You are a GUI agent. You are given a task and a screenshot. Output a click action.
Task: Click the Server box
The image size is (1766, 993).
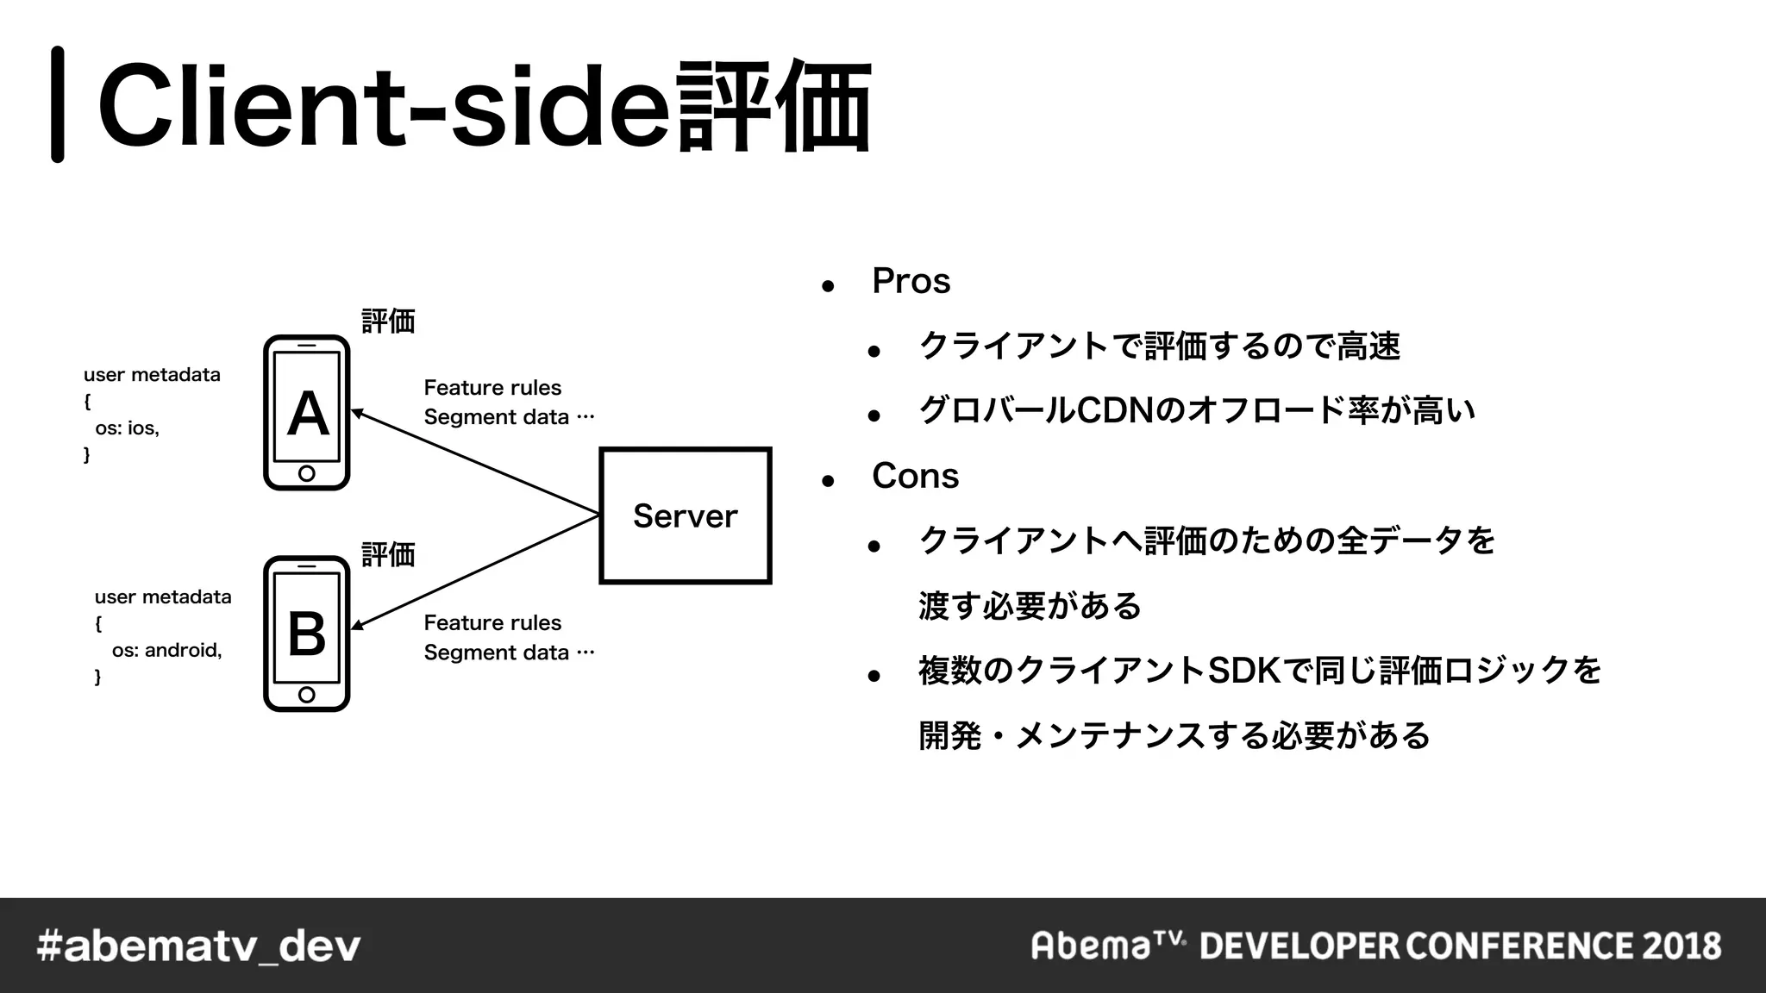tap(685, 515)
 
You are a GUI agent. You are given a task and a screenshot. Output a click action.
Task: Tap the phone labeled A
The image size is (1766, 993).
tap(307, 413)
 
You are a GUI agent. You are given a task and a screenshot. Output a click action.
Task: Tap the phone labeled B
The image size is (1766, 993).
tap(307, 634)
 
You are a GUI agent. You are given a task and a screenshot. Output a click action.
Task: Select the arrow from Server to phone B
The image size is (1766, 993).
tap(474, 571)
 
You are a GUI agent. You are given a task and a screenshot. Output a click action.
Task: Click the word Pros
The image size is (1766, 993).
tap(911, 281)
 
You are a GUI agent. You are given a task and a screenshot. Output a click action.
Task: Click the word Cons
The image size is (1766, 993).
tap(915, 476)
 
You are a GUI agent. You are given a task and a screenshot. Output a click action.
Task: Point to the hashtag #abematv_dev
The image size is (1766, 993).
tap(199, 946)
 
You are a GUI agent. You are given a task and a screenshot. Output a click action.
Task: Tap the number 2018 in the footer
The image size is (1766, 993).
tap(1681, 946)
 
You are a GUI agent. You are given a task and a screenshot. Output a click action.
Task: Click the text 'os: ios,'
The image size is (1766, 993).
tap(127, 428)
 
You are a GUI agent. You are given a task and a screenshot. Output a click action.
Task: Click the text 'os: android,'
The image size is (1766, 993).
tap(166, 650)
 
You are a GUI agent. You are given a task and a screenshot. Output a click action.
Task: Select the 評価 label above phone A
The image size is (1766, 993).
tap(388, 322)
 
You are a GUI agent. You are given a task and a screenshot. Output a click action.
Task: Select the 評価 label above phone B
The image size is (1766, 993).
tap(388, 554)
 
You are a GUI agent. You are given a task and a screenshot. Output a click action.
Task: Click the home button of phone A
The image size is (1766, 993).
tap(306, 473)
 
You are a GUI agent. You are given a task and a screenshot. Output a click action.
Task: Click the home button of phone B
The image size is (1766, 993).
tap(306, 695)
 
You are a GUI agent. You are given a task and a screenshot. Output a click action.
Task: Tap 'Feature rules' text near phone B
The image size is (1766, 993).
tap(492, 622)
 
